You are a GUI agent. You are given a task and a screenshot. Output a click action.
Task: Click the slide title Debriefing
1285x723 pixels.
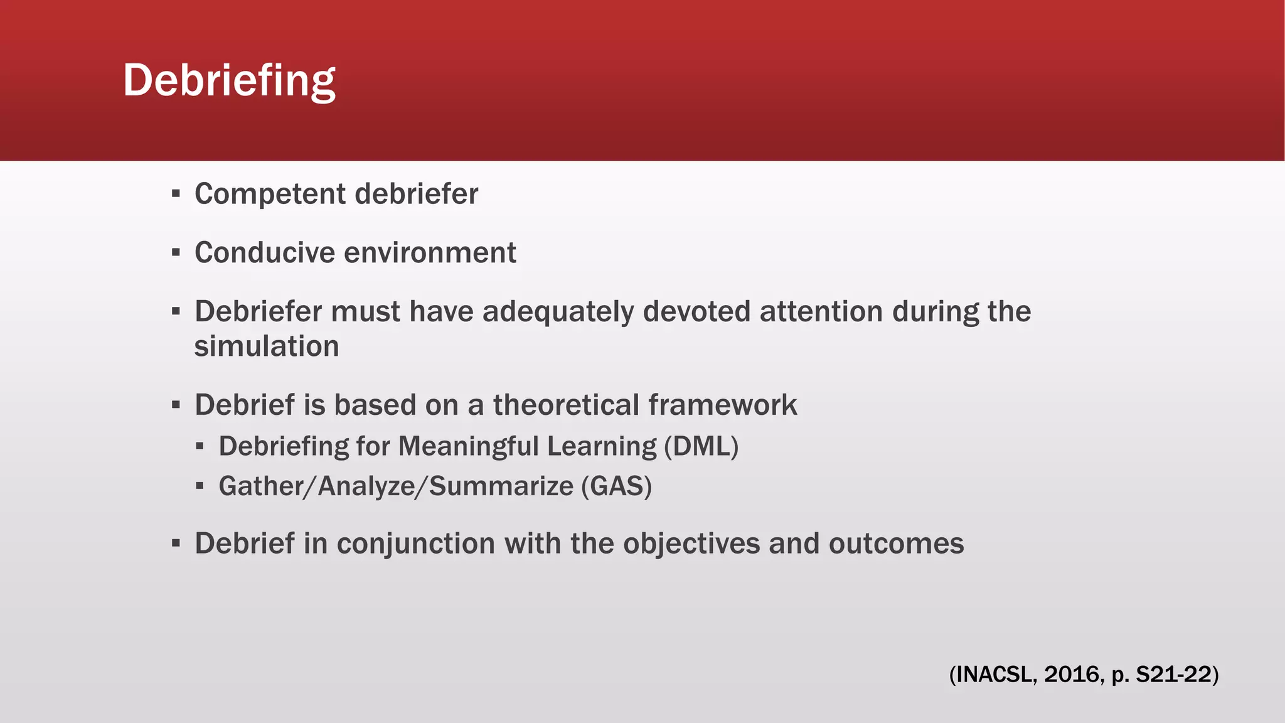[229, 80]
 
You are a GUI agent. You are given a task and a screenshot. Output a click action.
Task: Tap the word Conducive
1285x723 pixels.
[265, 253]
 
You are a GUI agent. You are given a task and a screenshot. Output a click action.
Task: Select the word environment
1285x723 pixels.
[430, 253]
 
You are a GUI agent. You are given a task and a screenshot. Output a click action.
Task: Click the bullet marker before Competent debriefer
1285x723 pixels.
[176, 193]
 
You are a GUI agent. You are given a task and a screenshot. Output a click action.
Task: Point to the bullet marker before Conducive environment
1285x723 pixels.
[176, 252]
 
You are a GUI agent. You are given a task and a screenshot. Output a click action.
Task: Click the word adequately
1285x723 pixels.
[558, 312]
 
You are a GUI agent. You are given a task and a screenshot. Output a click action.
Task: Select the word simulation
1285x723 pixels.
[267, 346]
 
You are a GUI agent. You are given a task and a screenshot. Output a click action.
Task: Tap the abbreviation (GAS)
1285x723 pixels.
[616, 486]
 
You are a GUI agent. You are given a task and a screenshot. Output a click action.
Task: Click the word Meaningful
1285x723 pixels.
[468, 446]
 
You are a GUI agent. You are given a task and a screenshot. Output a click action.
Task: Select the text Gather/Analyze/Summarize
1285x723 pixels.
[395, 486]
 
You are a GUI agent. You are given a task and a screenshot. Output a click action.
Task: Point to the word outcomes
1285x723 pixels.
[896, 544]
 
